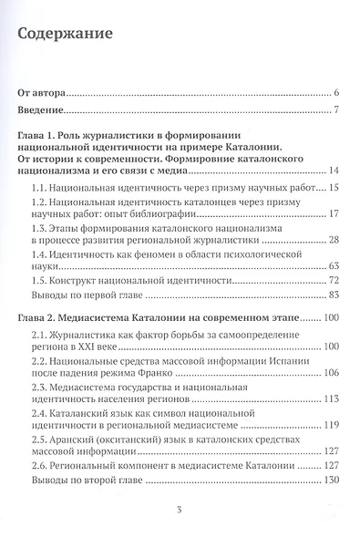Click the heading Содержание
[65, 36]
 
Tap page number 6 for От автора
[336, 94]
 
